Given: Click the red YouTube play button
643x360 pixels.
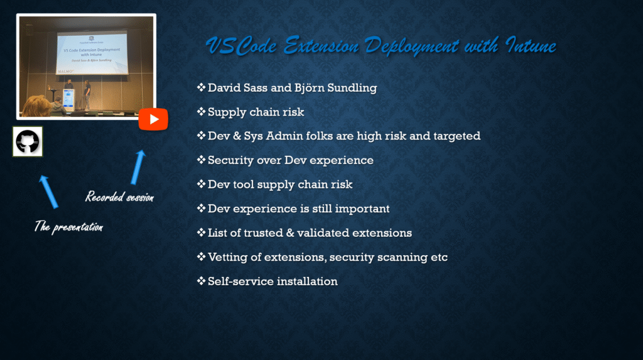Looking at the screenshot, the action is pos(153,119).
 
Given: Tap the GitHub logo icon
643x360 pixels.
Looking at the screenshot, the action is pos(28,141).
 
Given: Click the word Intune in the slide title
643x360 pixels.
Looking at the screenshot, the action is pos(531,45).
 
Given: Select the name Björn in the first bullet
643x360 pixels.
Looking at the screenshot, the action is pos(308,88).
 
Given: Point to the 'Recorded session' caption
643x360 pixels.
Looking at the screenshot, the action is pos(119,197).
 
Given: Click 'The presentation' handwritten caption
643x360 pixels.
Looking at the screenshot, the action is pos(68,227).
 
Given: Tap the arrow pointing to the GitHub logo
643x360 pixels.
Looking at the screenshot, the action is pos(49,192).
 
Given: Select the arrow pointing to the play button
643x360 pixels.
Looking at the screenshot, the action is pos(138,167).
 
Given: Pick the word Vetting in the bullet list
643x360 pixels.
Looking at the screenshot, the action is pos(227,258).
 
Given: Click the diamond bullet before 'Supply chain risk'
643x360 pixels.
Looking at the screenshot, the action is pos(201,112).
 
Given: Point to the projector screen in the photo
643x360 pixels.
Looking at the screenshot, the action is pos(92,53).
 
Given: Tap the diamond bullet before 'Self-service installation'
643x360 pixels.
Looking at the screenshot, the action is pos(201,281).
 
